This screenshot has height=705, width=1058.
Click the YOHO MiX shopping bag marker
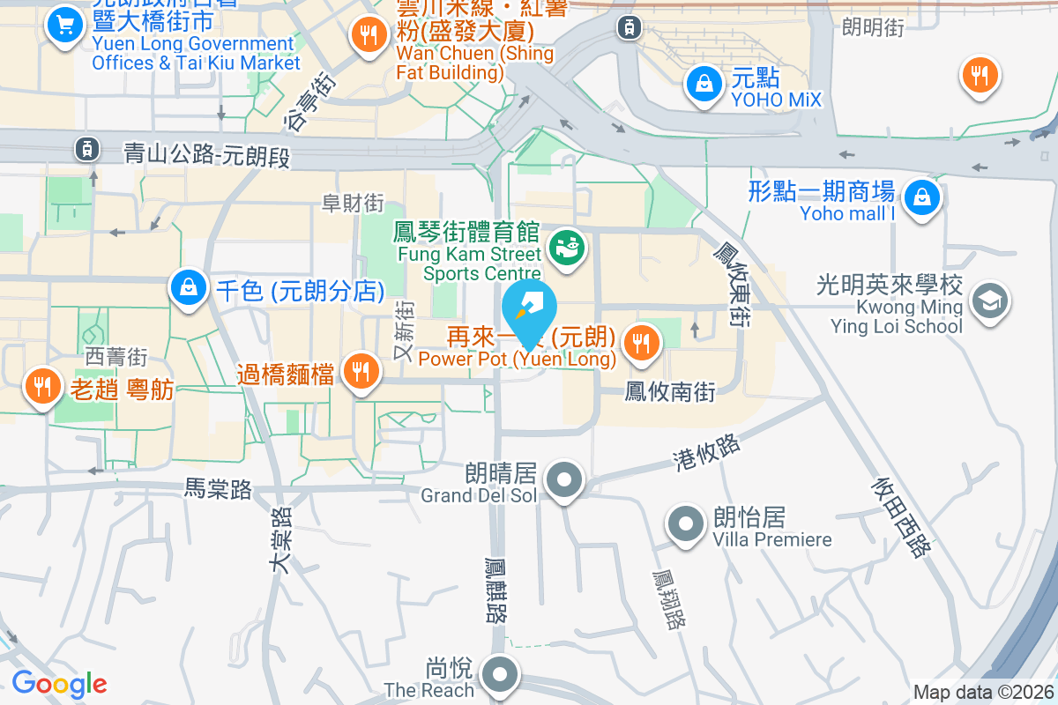pos(704,85)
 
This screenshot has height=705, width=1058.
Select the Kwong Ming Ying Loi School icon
pos(989,301)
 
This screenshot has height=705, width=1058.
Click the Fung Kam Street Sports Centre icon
pos(565,248)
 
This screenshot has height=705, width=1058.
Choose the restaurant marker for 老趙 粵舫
pos(41,384)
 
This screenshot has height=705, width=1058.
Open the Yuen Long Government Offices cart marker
pos(64,24)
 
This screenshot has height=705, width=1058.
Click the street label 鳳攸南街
pos(670,391)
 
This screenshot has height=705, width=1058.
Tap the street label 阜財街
pos(353,204)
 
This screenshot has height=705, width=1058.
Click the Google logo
pos(59,684)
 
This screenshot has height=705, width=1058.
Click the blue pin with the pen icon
pos(530,310)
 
